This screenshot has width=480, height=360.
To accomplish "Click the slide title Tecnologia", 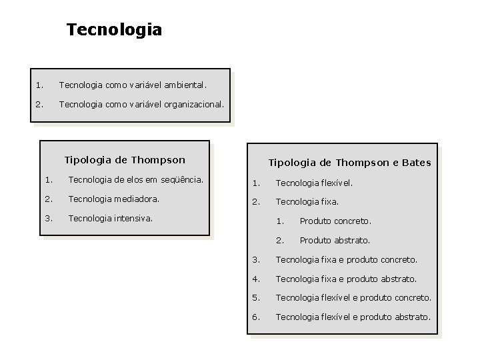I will click(114, 30).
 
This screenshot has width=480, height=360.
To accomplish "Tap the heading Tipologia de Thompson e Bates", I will click(349, 162).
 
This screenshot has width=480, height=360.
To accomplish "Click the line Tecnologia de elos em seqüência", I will click(135, 179).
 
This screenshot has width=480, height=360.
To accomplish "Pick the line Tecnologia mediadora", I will click(114, 198).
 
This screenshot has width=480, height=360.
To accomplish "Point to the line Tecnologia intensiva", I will click(110, 217).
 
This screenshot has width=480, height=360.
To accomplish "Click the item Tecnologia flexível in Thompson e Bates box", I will click(314, 182).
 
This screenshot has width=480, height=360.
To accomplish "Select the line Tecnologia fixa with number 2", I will click(307, 201).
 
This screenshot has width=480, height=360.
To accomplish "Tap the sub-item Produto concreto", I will click(335, 221).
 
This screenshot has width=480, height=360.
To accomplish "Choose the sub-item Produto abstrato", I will click(335, 240).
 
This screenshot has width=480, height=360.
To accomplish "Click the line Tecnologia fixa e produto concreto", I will click(346, 259).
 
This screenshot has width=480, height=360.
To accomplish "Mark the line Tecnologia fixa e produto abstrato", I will click(345, 279).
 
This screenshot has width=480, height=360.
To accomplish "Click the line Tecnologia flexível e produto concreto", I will click(353, 297).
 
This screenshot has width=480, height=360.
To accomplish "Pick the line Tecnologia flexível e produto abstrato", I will click(353, 317).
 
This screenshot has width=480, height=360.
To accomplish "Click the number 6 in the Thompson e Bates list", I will click(256, 317).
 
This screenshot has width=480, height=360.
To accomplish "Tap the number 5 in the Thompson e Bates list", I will click(256, 297).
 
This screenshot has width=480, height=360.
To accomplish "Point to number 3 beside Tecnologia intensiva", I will click(48, 217).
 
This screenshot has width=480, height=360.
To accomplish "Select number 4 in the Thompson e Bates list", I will click(256, 279).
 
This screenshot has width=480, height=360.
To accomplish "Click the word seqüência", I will click(181, 179).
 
